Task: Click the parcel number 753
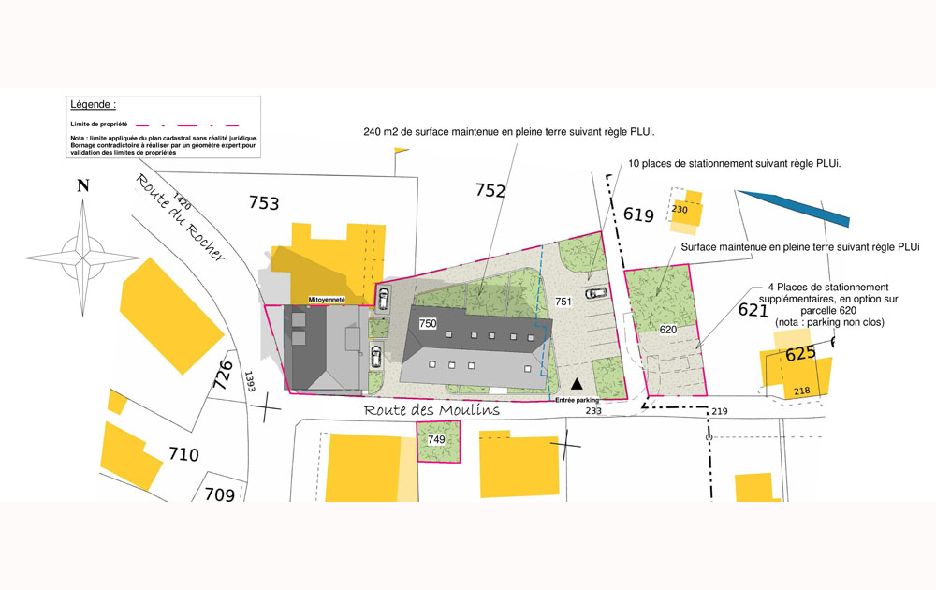pos(264,201)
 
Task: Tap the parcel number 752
pos(490,191)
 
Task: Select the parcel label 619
pos(638,215)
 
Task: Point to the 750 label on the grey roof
pos(428,323)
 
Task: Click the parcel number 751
pos(563,302)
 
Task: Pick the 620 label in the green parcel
pos(667,330)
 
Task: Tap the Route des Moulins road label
pos(431,410)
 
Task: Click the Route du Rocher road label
pos(180,217)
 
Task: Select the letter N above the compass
pos(83,185)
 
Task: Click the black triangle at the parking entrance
pos(578,383)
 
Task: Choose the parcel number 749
pos(436,439)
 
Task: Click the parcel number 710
pos(183,455)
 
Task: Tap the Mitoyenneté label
pos(328,300)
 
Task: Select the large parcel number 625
pos(800,353)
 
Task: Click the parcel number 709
pos(219,494)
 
